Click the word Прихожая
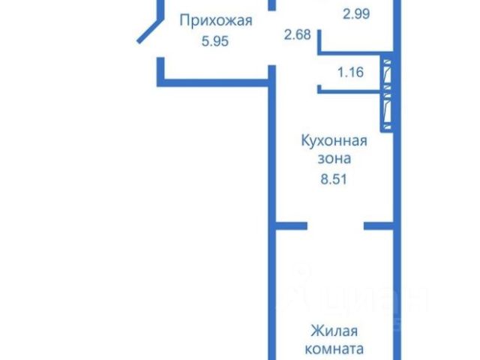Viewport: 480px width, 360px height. (214, 22)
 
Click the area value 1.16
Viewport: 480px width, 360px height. (350, 73)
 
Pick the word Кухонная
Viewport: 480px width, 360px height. (334, 141)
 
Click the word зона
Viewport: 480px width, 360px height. (334, 159)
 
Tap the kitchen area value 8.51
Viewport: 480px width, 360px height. (334, 178)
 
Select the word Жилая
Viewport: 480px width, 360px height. (334, 331)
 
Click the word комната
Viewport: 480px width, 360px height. (334, 349)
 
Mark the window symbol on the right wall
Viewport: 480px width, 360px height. (386, 91)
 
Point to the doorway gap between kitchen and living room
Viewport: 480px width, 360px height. (336, 224)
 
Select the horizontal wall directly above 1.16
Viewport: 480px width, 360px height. (352, 54)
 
